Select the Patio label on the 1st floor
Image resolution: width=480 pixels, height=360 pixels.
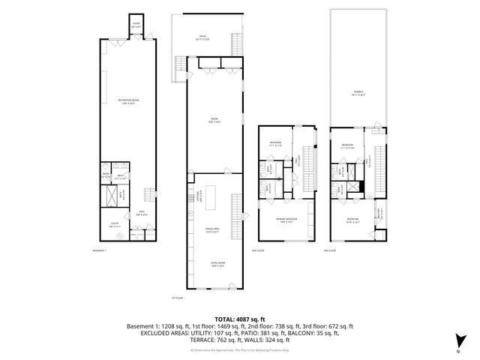point(202,37)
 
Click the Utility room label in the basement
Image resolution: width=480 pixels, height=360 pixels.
point(114,224)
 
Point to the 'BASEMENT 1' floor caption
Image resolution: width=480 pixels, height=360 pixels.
point(100,250)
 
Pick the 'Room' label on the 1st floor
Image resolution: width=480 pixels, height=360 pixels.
point(213,119)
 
